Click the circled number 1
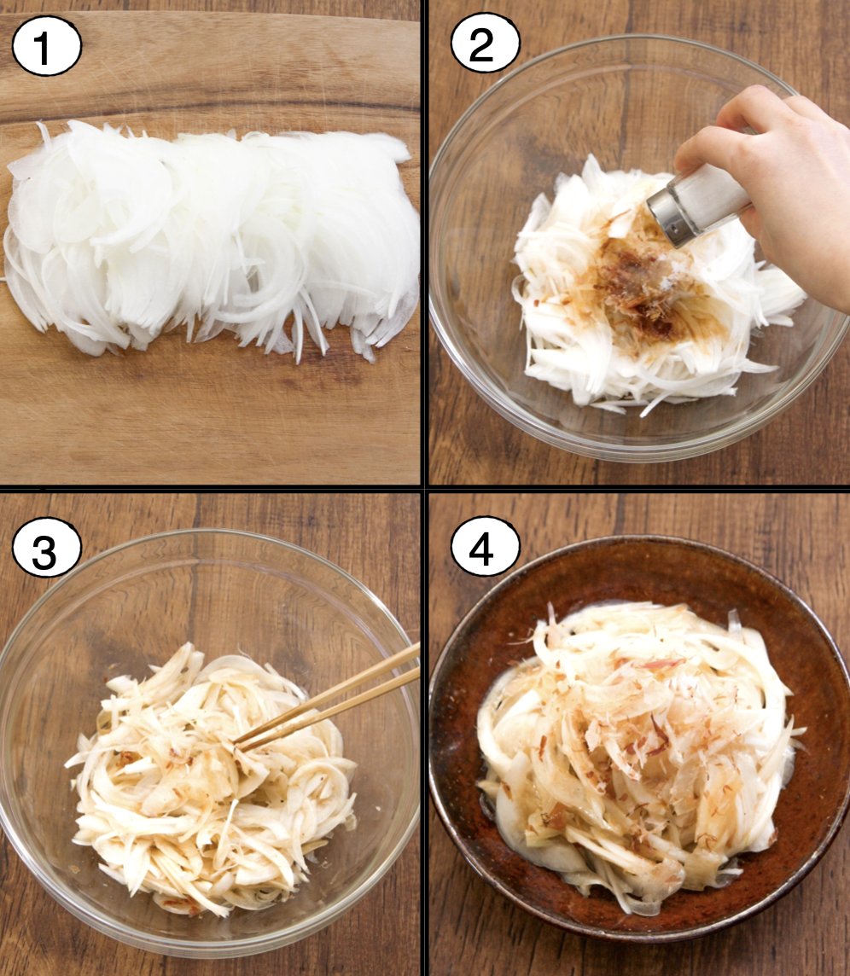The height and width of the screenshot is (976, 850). point(46,46)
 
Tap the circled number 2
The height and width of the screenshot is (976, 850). point(485,44)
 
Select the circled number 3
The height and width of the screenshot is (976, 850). point(46,549)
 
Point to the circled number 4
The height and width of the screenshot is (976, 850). point(485,547)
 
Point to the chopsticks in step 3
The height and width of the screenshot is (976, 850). point(327,696)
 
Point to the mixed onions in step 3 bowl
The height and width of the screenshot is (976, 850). point(212,778)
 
